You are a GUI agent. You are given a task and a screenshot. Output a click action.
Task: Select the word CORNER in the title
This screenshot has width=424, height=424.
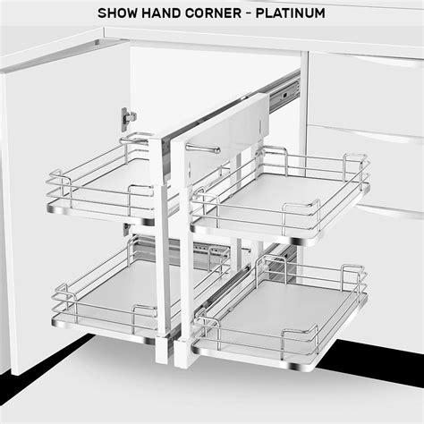click(213, 13)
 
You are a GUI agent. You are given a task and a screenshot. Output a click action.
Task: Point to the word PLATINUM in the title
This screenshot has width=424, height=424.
click(291, 13)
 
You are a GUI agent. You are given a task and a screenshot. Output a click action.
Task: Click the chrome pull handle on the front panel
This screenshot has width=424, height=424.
click(203, 148)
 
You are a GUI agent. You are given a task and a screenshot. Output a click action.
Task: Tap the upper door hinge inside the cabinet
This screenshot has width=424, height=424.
click(128, 119)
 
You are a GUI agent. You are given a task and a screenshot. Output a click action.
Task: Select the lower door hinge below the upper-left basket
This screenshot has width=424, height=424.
click(127, 229)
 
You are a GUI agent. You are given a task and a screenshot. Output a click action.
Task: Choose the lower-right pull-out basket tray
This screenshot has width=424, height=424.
click(280, 313)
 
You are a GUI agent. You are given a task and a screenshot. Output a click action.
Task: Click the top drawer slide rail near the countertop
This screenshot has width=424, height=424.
click(284, 93)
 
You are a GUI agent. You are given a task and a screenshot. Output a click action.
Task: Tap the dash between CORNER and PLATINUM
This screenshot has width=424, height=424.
click(249, 13)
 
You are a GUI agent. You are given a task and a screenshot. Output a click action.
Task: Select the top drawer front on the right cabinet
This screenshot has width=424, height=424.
click(366, 92)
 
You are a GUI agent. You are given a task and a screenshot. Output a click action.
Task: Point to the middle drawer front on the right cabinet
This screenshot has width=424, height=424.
click(366, 167)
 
